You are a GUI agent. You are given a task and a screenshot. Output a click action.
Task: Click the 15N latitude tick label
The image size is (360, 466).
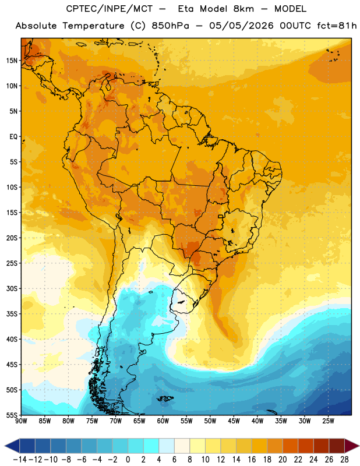pos(12,61)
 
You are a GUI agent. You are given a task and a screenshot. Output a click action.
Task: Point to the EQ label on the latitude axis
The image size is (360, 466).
pos(13,137)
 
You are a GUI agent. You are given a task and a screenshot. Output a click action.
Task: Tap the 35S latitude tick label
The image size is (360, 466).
pos(12,314)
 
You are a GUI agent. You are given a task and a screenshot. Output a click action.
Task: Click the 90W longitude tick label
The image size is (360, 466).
pos(21,421)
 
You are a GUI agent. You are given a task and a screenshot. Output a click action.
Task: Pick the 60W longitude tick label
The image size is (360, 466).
pos(163,421)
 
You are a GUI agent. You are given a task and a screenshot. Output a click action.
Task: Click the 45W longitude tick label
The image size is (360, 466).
pos(234,421)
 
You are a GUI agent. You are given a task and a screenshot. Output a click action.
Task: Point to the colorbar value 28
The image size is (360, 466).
pos(344,460)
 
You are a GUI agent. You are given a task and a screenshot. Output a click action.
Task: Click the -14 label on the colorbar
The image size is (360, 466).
pos(20,460)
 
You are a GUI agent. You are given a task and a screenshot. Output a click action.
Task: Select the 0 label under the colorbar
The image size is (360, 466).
pos(128,460)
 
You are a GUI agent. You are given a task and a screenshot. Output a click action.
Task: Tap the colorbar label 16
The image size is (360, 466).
pos(252,460)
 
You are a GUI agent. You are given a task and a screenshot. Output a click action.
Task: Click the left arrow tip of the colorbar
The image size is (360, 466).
pos(5,446)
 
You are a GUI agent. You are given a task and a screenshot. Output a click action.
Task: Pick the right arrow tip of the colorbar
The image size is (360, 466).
pos(359,446)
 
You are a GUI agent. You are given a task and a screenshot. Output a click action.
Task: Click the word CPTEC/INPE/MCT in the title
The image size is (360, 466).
pos(110,9)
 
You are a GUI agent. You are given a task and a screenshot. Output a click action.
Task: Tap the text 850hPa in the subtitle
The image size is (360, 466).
pos(170,26)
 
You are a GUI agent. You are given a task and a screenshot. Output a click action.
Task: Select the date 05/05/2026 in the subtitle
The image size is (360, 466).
pos(241,26)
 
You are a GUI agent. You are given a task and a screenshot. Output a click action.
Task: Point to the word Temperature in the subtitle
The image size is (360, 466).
pos(93,26)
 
